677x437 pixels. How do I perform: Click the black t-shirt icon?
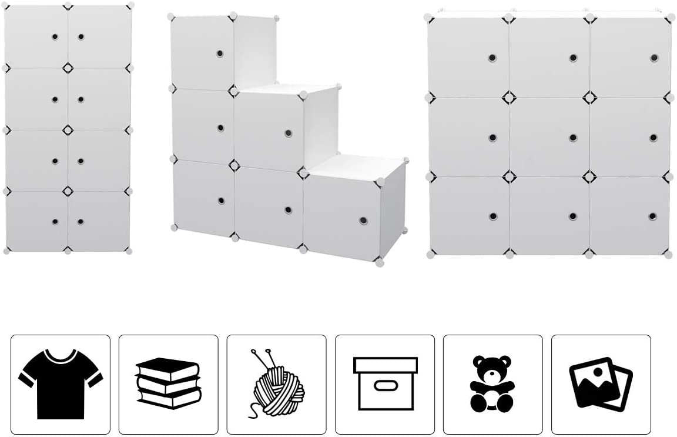pos(61,383)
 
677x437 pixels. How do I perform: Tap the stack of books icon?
pos(168,383)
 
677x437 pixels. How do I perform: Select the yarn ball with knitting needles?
pos(276,383)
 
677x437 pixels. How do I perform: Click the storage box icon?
pos(385,383)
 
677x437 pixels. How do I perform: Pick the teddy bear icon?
pos(492,383)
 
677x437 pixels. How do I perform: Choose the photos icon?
pos(601,383)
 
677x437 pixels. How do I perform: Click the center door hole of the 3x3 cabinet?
pos(572,138)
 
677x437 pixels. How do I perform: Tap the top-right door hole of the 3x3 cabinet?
pos(653,58)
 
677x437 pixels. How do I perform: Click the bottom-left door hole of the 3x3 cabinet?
pos(492,216)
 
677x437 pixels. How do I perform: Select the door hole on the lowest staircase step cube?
pos(363,221)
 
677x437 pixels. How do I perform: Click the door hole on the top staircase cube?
pos(220,54)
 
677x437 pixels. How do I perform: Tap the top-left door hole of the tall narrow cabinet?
pos(55,36)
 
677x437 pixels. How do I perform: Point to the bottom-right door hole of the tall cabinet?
pos(81,222)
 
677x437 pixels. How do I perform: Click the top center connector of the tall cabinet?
pos(68,5)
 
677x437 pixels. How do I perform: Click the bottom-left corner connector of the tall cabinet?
pos(6,251)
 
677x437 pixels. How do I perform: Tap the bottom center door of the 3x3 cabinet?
pos(549,215)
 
